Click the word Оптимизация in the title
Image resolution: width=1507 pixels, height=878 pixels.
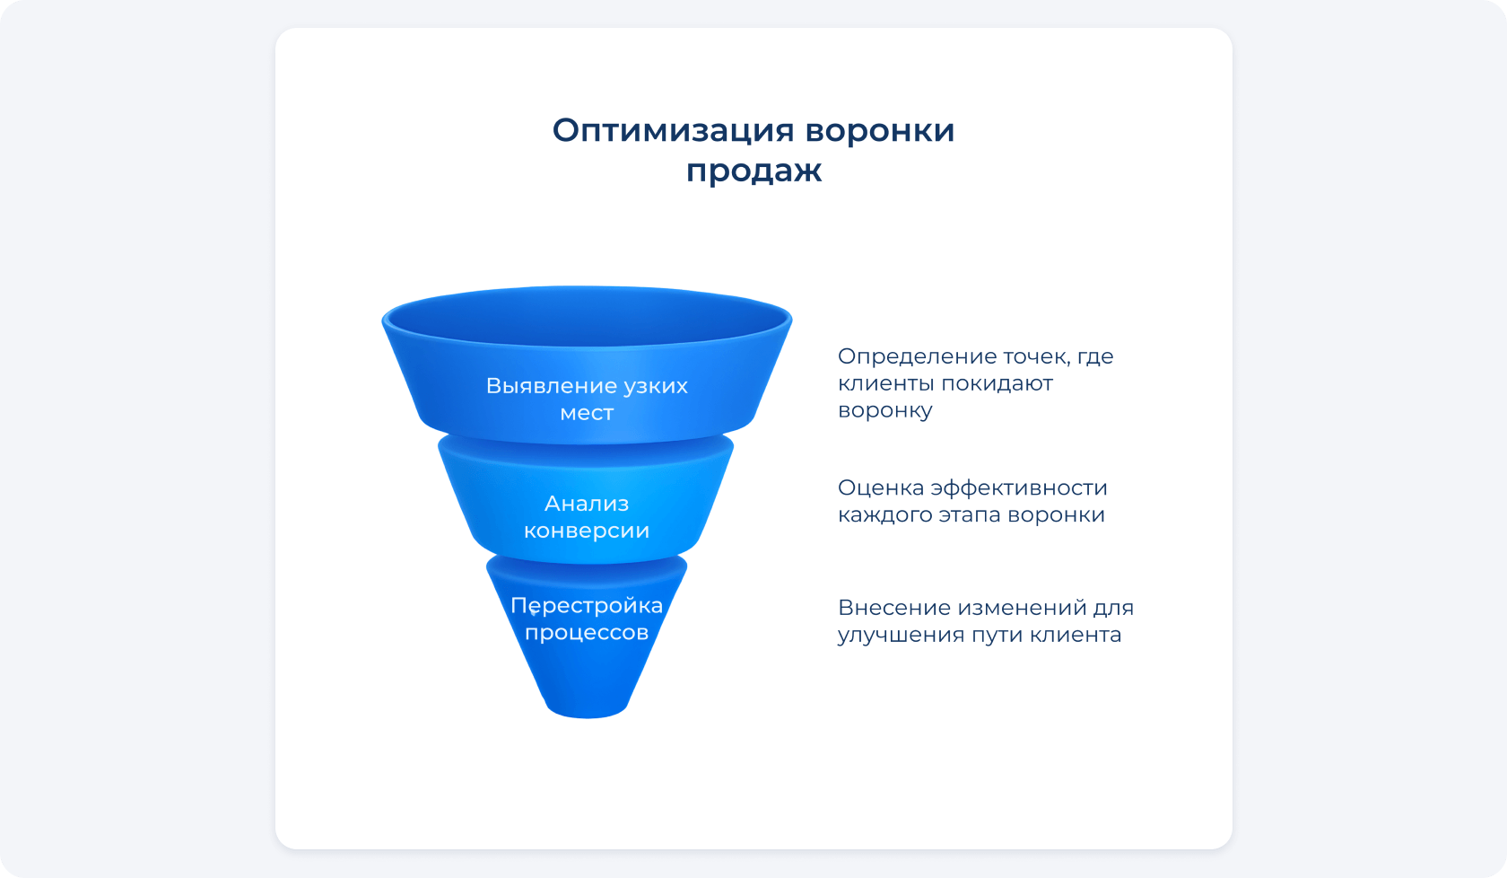pyautogui.click(x=673, y=132)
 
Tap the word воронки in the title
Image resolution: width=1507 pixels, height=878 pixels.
pyautogui.click(x=880, y=131)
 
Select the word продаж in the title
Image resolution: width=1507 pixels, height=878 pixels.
pyautogui.click(x=753, y=171)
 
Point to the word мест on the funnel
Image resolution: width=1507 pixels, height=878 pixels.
pyautogui.click(x=587, y=413)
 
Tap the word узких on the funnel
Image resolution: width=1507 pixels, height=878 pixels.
pyautogui.click(x=655, y=386)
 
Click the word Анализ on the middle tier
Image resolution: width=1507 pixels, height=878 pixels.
pyautogui.click(x=587, y=504)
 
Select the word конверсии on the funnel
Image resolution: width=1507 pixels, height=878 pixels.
pyautogui.click(x=587, y=531)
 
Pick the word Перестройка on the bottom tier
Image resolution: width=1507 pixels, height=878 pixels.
pyautogui.click(x=587, y=606)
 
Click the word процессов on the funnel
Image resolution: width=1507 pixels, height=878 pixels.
pyautogui.click(x=587, y=633)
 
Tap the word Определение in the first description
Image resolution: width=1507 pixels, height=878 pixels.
pyautogui.click(x=917, y=357)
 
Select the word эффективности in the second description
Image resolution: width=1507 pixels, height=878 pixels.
pyautogui.click(x=1019, y=487)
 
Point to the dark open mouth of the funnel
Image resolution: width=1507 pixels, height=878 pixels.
pyautogui.click(x=587, y=316)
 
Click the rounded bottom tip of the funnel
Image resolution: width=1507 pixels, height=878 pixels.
pyautogui.click(x=587, y=710)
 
